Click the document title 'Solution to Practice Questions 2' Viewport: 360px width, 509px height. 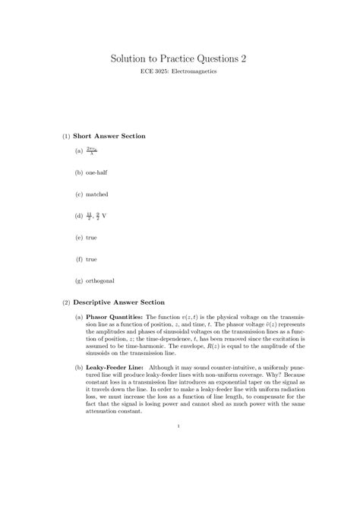click(179, 58)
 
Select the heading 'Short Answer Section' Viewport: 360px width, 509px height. click(113, 136)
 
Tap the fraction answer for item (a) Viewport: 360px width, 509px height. click(93, 151)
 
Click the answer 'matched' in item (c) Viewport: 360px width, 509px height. click(97, 194)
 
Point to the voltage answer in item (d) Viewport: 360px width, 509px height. click(96, 216)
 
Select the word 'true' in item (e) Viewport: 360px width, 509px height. click(91, 238)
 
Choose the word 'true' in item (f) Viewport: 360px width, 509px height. click(90, 259)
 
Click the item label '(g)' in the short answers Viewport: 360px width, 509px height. click(79, 281)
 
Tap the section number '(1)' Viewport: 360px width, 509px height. click(67, 136)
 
